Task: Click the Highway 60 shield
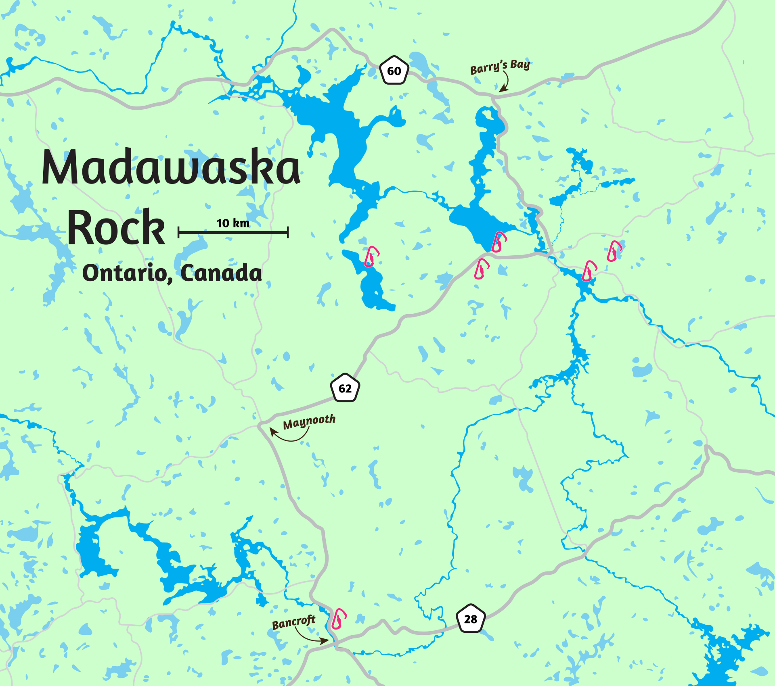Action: pos(394,71)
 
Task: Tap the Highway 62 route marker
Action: pos(345,388)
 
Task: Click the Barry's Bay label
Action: pos(500,67)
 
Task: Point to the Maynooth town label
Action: pos(309,422)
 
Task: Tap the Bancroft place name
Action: pos(293,623)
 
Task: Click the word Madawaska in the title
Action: pos(171,168)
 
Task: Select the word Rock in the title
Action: pos(116,228)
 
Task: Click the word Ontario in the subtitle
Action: pos(124,273)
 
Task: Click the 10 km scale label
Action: pos(233,223)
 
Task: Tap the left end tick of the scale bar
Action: pos(178,232)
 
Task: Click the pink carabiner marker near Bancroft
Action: pos(339,619)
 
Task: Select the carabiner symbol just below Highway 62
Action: pos(481,269)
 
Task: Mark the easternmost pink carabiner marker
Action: pos(614,251)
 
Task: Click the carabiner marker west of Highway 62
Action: pos(371,257)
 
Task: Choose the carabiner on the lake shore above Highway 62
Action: pos(499,242)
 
